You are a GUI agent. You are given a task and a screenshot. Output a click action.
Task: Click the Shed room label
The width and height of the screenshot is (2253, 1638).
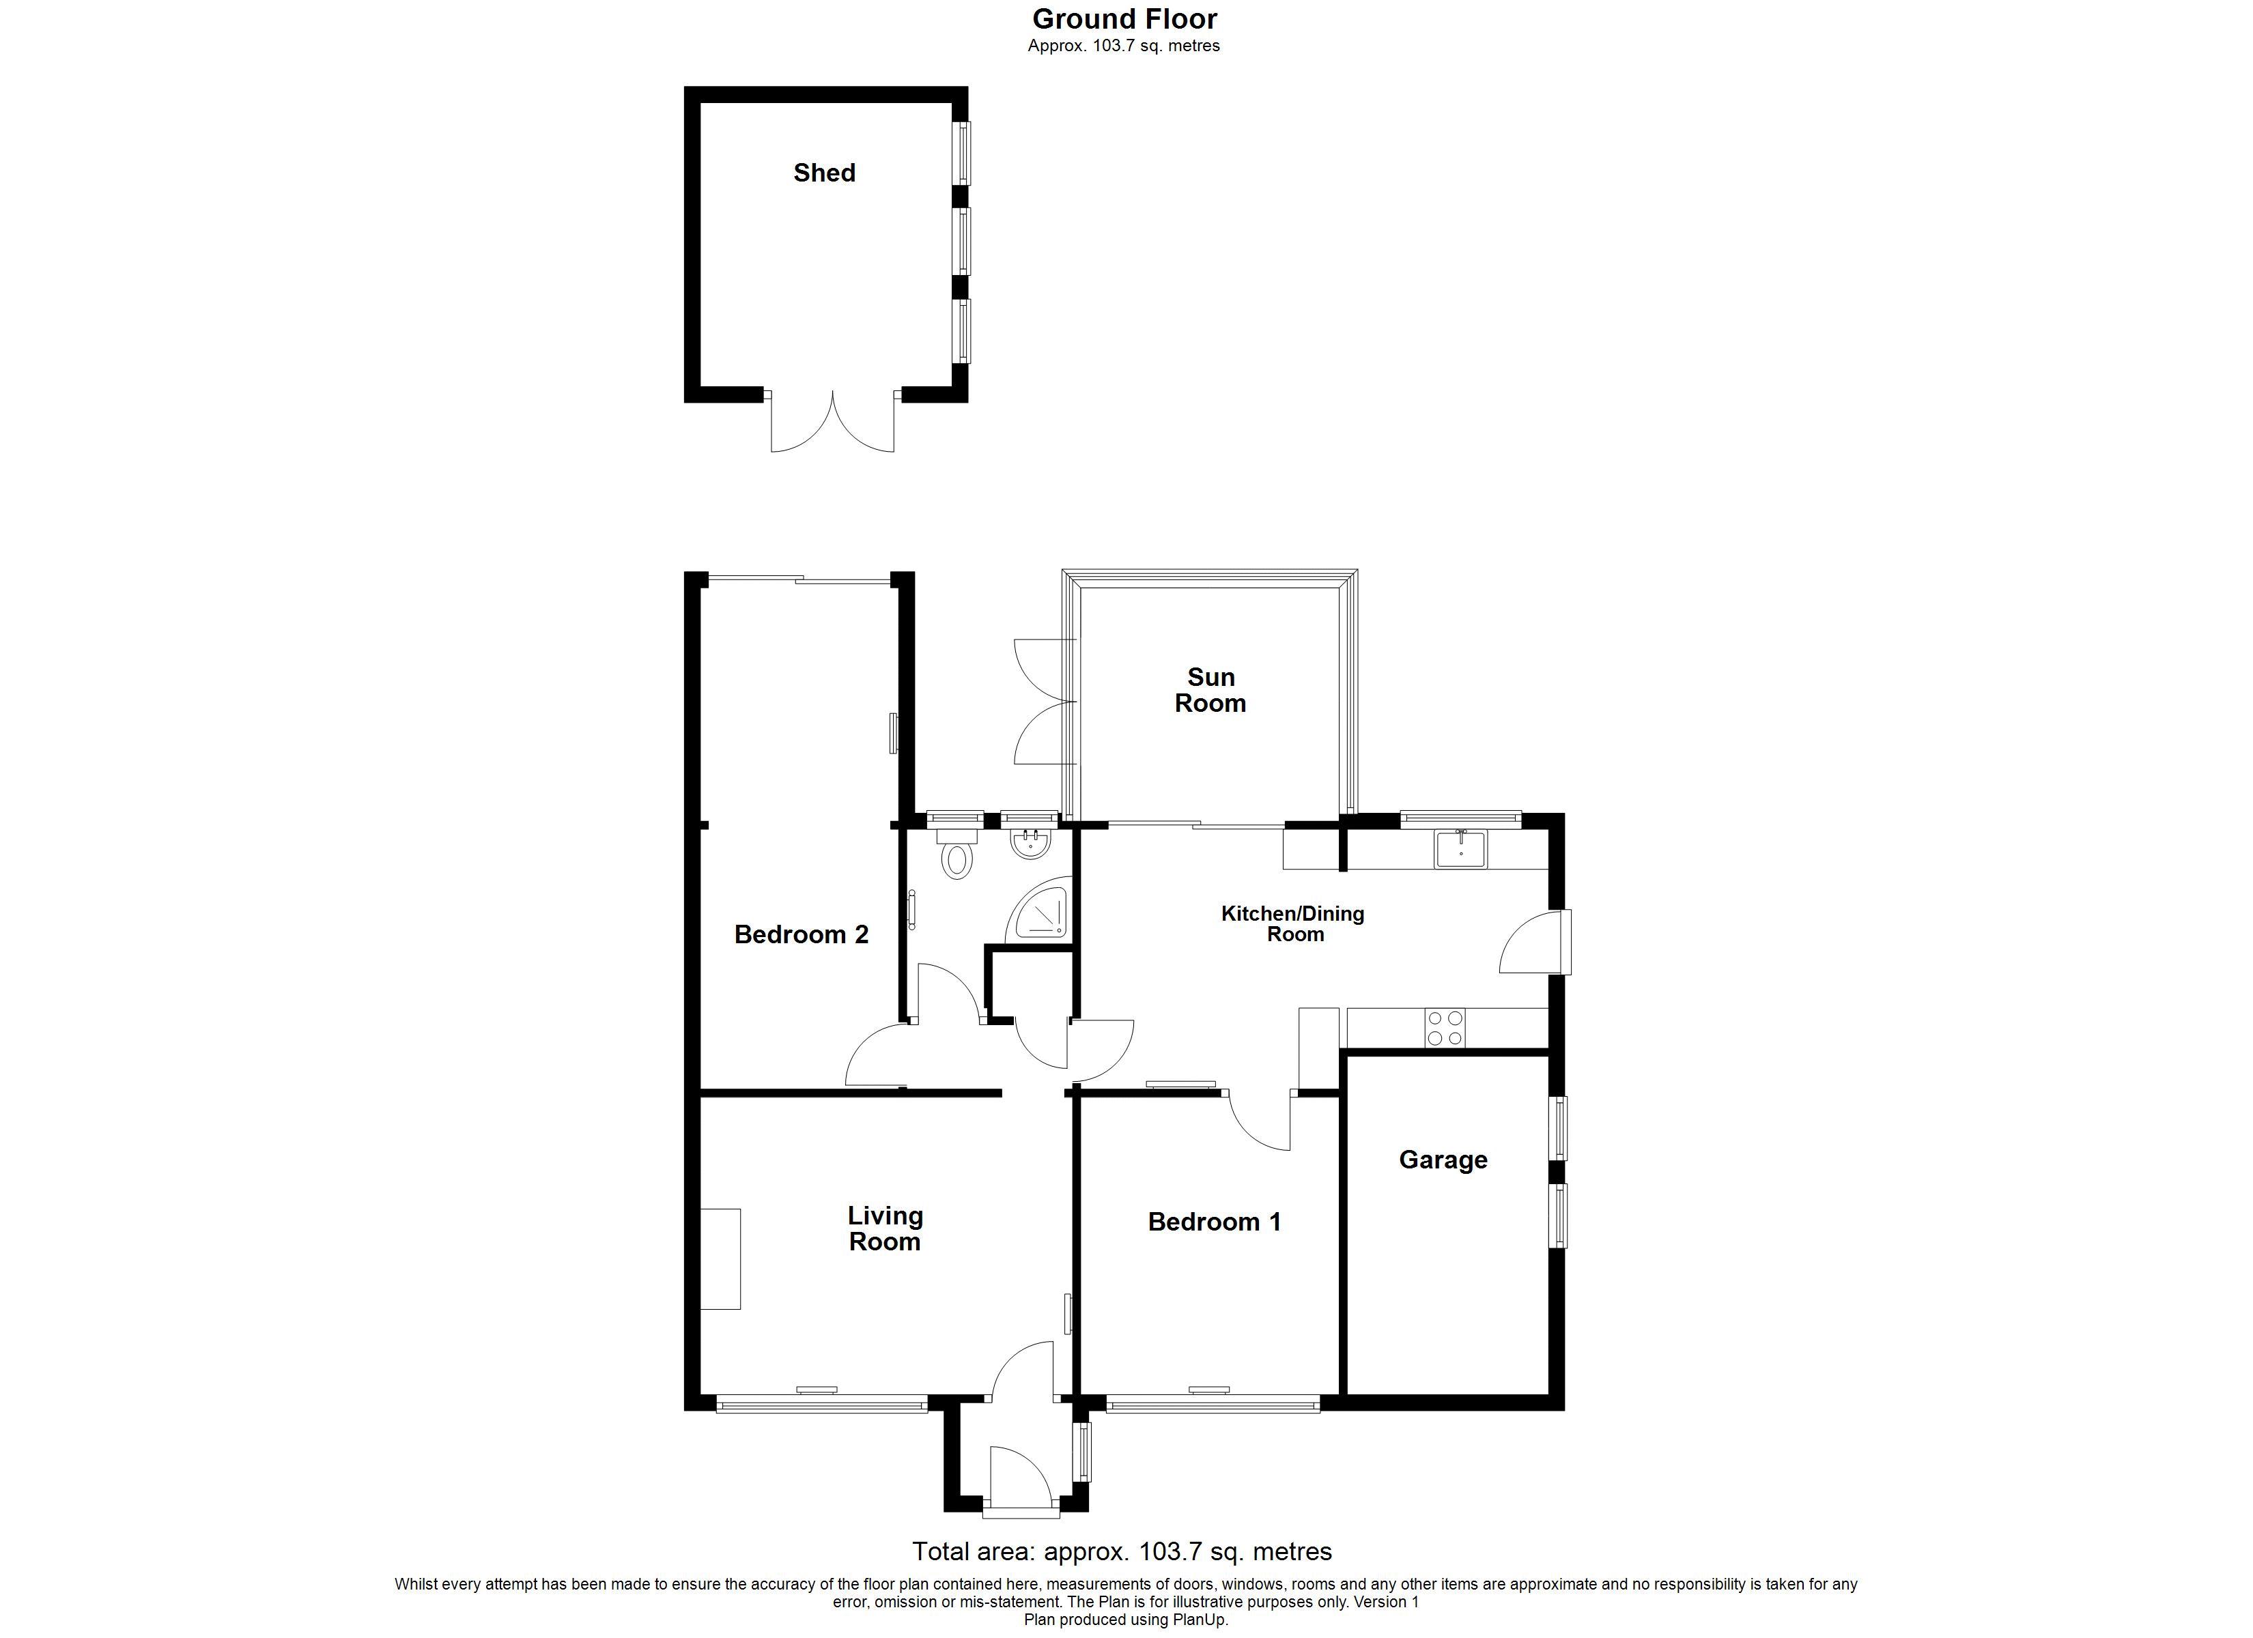825,173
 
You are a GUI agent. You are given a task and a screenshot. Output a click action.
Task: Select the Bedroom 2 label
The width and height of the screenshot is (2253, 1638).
802,935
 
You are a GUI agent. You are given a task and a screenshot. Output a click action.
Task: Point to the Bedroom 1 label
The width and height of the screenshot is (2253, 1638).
1214,1222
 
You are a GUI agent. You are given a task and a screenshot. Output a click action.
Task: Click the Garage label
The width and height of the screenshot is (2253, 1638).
1443,1160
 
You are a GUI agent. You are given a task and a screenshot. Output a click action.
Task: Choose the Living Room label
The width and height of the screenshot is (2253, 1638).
885,1228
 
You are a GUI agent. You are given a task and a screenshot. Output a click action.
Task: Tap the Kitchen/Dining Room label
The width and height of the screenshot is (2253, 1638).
1293,924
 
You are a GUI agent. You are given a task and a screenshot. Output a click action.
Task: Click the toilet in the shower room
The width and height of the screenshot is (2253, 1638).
956,852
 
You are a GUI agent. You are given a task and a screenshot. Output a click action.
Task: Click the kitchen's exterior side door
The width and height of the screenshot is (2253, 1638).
1535,942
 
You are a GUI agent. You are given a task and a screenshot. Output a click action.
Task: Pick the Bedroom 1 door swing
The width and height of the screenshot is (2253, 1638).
1260,1121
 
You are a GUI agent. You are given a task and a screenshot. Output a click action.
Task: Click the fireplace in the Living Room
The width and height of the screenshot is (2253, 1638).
720,1259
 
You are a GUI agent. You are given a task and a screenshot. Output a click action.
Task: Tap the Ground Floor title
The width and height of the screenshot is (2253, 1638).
1124,19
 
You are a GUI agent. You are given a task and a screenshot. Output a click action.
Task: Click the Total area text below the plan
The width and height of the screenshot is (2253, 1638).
1122,1551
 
